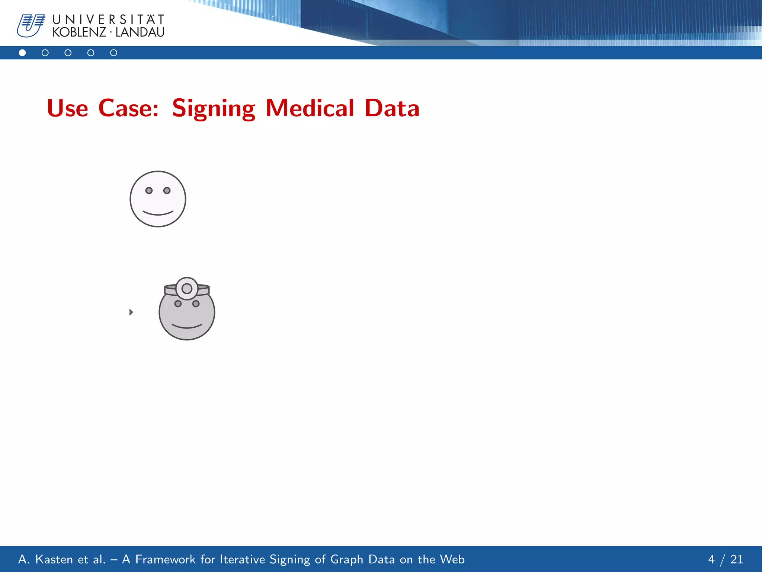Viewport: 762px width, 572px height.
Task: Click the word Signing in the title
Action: [214, 109]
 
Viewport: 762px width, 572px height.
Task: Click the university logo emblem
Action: [31, 25]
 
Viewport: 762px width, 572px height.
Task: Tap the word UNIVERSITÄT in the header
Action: [108, 19]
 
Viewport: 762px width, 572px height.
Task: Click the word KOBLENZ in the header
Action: [79, 32]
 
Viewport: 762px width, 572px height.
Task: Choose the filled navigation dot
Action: [22, 53]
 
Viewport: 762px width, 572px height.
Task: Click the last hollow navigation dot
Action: [113, 53]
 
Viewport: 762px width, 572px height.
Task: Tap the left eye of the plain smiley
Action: [149, 191]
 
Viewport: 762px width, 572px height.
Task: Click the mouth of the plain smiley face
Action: [158, 213]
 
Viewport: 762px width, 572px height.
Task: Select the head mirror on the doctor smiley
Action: [187, 289]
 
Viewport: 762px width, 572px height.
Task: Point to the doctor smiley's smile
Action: [187, 327]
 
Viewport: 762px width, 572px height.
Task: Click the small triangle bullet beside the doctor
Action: [131, 312]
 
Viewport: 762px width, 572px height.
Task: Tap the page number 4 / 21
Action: [725, 559]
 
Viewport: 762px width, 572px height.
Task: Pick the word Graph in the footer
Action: [346, 559]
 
